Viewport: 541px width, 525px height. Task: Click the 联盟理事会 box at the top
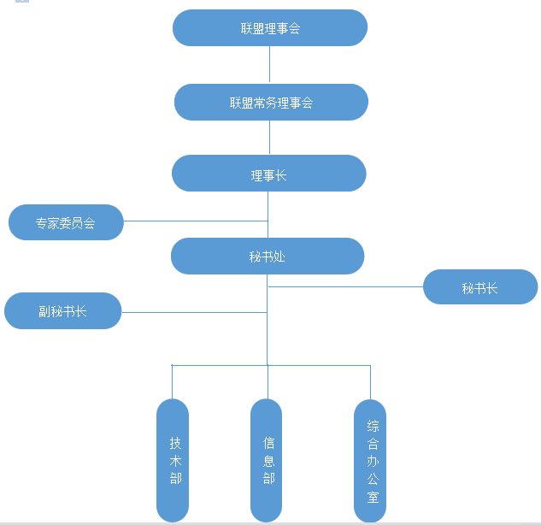coord(270,28)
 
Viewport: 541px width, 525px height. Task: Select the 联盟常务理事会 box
coord(271,103)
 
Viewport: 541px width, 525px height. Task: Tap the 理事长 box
coord(268,174)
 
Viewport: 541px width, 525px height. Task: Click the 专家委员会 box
coord(66,223)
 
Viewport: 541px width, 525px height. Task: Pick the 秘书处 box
coord(268,256)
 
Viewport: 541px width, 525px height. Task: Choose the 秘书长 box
coord(480,287)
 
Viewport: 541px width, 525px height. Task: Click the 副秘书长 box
coord(63,311)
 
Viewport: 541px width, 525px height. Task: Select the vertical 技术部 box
coord(172,460)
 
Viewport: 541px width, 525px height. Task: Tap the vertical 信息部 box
coord(266,460)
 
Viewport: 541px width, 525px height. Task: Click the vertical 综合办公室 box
coord(370,460)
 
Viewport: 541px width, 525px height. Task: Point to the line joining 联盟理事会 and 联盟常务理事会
coord(270,65)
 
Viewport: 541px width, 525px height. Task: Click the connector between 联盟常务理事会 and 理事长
coord(270,138)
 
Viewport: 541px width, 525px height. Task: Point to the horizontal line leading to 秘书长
coord(345,286)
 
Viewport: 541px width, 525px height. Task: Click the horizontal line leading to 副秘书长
coord(194,312)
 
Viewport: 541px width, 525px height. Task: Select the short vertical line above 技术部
coord(172,382)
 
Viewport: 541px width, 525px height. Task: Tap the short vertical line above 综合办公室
coord(370,382)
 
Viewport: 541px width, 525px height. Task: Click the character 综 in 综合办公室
coord(373,426)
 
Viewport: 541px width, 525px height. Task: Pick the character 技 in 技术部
coord(175,443)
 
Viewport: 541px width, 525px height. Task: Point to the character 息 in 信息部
coord(269,460)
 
